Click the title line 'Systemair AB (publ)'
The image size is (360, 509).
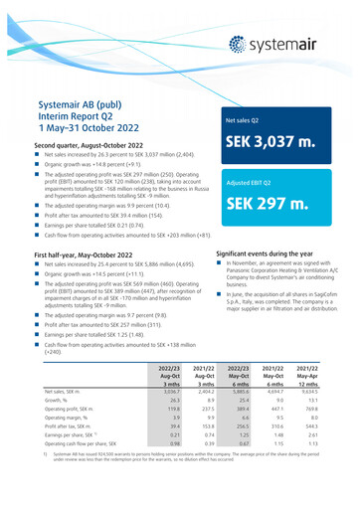[85, 102]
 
